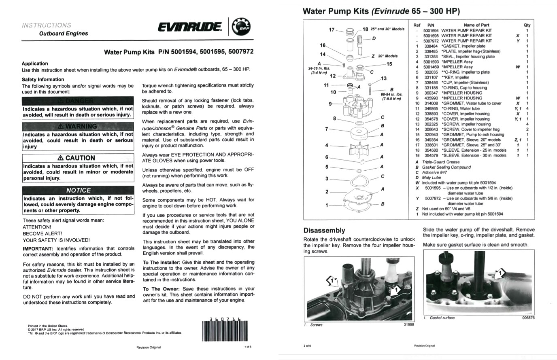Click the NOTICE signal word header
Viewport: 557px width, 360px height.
(x=78, y=190)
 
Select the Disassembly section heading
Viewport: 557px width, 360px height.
(x=324, y=231)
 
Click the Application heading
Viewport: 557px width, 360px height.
(x=35, y=64)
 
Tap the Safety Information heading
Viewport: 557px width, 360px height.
(x=43, y=80)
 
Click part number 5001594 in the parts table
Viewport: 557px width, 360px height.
(x=431, y=30)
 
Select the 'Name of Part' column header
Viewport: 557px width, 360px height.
(x=476, y=25)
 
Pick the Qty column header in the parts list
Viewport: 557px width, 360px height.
(x=527, y=25)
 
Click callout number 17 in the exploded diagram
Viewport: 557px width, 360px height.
(x=332, y=30)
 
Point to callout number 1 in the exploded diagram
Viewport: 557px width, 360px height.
(x=327, y=205)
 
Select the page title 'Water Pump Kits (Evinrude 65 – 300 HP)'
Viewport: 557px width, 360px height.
(x=381, y=11)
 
